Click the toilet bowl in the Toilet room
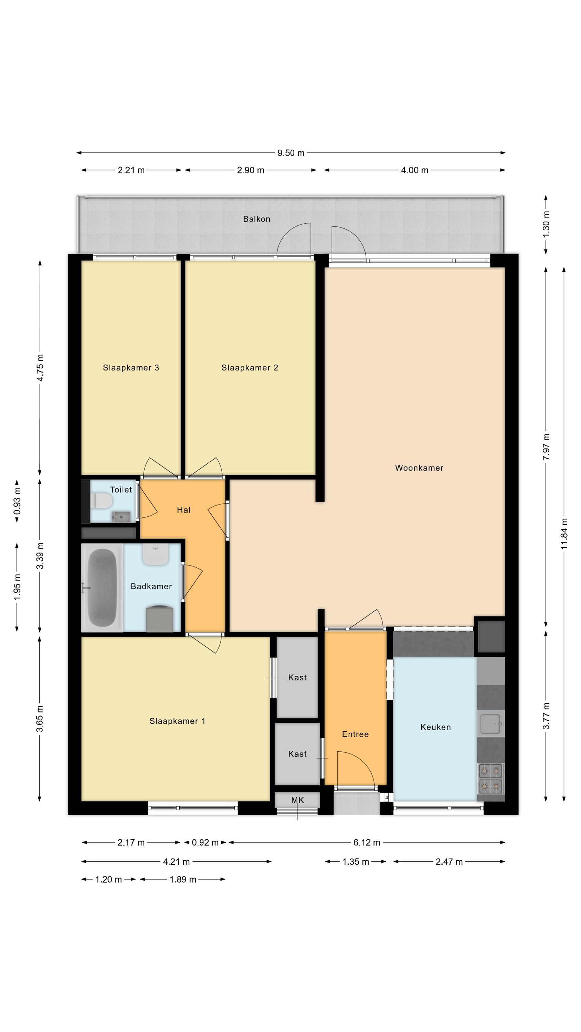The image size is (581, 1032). tap(102, 501)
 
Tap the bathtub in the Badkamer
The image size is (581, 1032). tap(102, 588)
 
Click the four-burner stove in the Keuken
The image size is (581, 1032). tap(491, 778)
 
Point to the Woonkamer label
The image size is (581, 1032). tap(419, 468)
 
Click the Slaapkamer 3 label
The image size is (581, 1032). tap(131, 368)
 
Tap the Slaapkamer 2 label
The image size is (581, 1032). tap(250, 368)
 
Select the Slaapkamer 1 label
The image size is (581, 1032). tap(177, 721)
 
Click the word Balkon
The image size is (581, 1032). tap(257, 219)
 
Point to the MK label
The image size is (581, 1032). tap(297, 800)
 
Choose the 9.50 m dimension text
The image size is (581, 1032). tap(291, 153)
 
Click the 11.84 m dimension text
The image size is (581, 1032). tap(564, 534)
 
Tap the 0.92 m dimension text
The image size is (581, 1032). tap(205, 842)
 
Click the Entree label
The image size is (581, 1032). tap(355, 734)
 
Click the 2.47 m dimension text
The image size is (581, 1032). tap(449, 862)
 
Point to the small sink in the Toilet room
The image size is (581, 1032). tap(121, 517)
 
